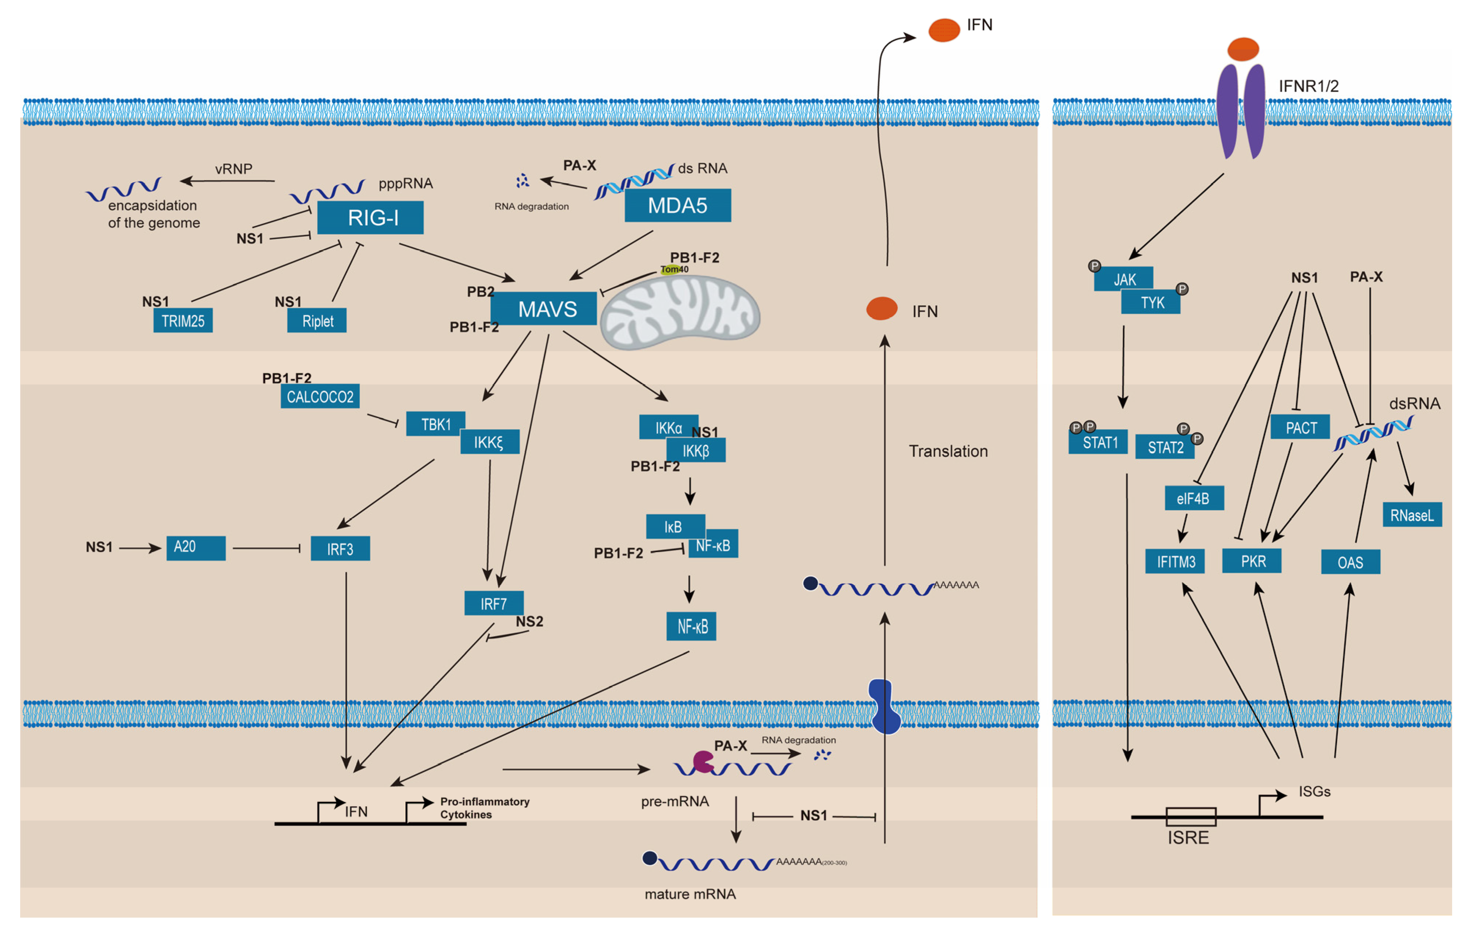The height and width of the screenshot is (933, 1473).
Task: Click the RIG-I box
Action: [x=370, y=218]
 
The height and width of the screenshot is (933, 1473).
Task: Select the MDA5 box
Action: [x=677, y=205]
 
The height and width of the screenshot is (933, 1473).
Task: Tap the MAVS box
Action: [x=544, y=309]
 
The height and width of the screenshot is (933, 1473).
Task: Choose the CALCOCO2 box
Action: [x=320, y=397]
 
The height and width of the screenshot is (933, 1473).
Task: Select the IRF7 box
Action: [x=494, y=603]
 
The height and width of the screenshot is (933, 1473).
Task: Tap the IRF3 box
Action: [x=340, y=549]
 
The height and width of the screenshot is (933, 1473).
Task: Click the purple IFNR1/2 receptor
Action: [x=1240, y=110]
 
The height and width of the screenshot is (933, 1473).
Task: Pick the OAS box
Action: [x=1350, y=562]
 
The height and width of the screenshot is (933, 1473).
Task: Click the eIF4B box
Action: [x=1193, y=498]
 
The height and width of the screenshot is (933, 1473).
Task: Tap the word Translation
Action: [x=948, y=451]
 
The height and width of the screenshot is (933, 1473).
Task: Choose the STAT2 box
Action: [x=1165, y=447]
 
